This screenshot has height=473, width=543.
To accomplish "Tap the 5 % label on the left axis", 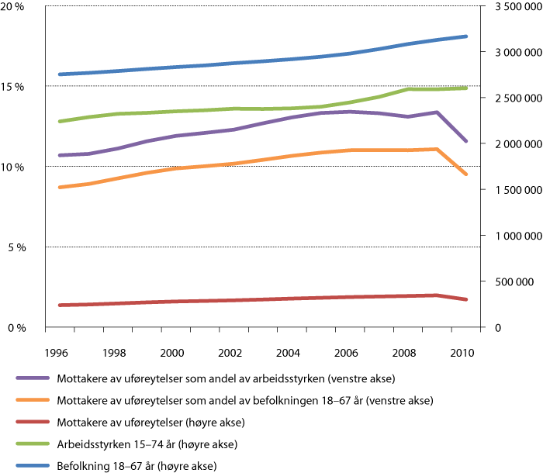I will click(19, 247).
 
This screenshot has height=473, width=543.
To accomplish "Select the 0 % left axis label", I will click(19, 328).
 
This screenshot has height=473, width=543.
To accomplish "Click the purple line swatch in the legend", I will click(33, 379).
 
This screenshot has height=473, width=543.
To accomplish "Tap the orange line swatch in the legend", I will click(33, 401).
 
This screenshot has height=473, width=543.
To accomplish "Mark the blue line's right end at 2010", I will click(466, 36).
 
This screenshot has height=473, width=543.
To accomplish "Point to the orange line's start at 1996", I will click(59, 188).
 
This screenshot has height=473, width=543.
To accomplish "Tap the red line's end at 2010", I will click(466, 299).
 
